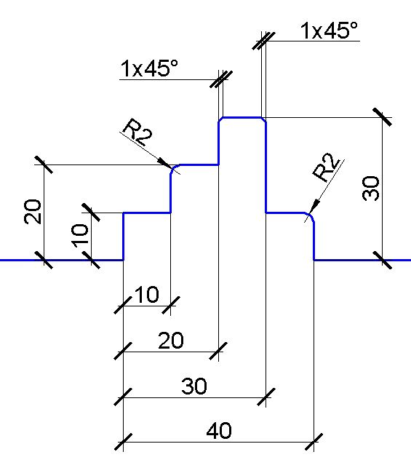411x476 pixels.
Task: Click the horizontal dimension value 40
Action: pyautogui.click(x=219, y=430)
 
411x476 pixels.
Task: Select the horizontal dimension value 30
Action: pyautogui.click(x=194, y=386)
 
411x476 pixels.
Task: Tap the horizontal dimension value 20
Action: pyautogui.click(x=171, y=341)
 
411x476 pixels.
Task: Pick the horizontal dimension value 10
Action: pyautogui.click(x=146, y=294)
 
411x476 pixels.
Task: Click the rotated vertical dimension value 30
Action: pyautogui.click(x=371, y=189)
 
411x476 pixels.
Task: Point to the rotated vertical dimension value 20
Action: pyautogui.click(x=33, y=212)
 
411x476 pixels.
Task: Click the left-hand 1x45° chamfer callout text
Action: pyautogui.click(x=150, y=68)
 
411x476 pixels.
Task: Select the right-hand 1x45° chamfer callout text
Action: pyautogui.click(x=329, y=31)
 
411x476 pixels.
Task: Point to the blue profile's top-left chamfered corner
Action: pyautogui.click(x=221, y=119)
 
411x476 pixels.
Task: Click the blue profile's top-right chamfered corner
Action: pyautogui.click(x=264, y=119)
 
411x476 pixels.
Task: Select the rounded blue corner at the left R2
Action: pyautogui.click(x=174, y=168)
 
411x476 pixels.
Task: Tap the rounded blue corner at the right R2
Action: pyautogui.click(x=311, y=216)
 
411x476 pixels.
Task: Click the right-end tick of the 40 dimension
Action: pyautogui.click(x=314, y=442)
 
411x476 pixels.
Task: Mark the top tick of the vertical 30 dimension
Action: pyautogui.click(x=382, y=117)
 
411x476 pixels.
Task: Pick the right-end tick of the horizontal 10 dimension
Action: pyautogui.click(x=171, y=306)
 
